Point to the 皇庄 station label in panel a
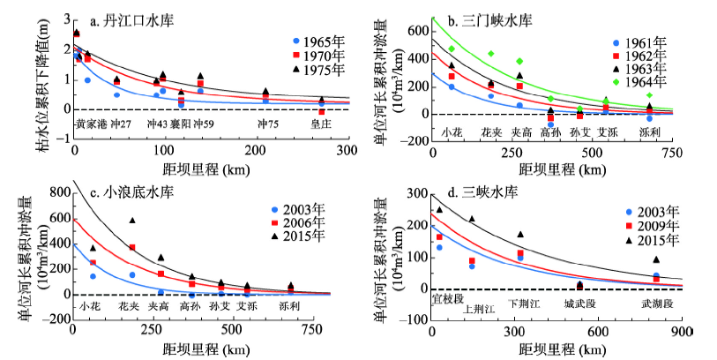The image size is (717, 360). [x=321, y=124]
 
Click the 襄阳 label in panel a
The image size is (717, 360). [x=180, y=124]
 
